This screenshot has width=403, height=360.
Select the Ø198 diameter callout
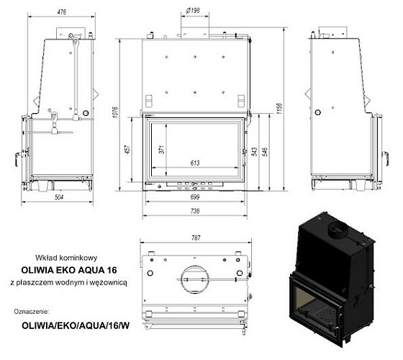193,9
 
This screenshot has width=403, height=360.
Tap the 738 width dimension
195,211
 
